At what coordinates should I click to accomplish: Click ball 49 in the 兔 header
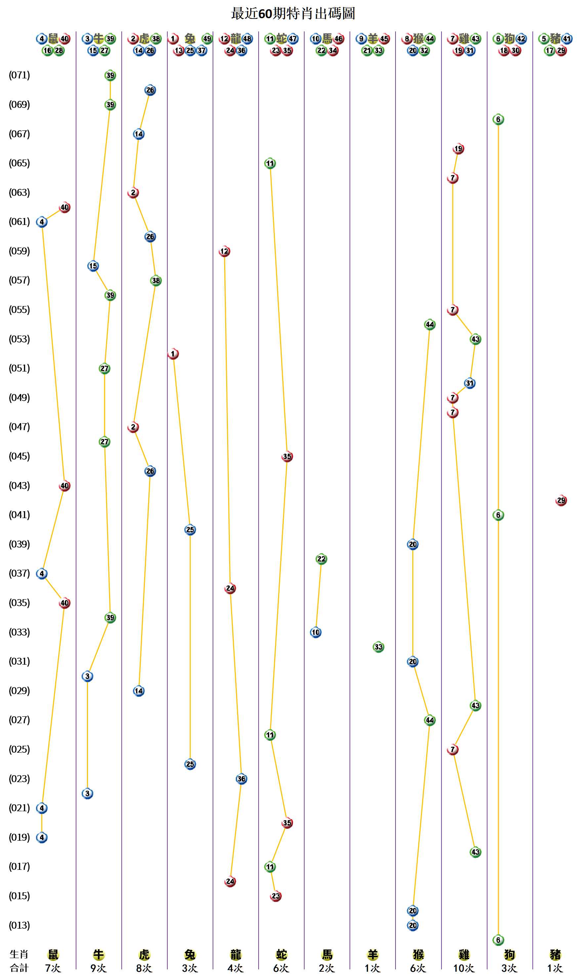pyautogui.click(x=207, y=39)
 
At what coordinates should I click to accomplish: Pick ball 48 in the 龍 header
pyautogui.click(x=247, y=39)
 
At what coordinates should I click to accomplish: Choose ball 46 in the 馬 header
pyautogui.click(x=338, y=39)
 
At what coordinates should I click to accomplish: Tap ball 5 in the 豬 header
pyautogui.click(x=544, y=39)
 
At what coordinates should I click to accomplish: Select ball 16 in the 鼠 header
pyautogui.click(x=47, y=51)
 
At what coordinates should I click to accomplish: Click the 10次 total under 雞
pyautogui.click(x=464, y=968)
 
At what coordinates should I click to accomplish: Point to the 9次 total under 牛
pyautogui.click(x=98, y=968)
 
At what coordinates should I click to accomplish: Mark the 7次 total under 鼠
pyautogui.click(x=53, y=968)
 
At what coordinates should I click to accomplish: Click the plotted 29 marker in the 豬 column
pyautogui.click(x=561, y=501)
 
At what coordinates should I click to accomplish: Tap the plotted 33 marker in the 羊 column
pyautogui.click(x=378, y=647)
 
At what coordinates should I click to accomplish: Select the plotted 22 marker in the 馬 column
pyautogui.click(x=321, y=559)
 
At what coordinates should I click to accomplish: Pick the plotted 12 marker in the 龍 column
pyautogui.click(x=224, y=251)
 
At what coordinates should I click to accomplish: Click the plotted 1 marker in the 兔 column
pyautogui.click(x=173, y=354)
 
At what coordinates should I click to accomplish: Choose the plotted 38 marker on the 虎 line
pyautogui.click(x=156, y=281)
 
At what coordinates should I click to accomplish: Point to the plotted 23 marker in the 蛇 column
pyautogui.click(x=275, y=896)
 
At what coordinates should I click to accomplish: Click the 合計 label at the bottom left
pyautogui.click(x=19, y=968)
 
